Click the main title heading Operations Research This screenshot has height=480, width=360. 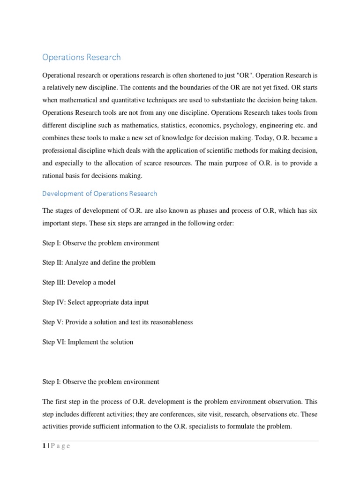point(81,57)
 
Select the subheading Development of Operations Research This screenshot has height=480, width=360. point(99,193)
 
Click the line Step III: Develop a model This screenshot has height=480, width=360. point(79,282)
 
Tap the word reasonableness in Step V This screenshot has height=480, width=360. point(169,322)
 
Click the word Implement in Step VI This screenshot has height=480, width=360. point(82,342)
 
